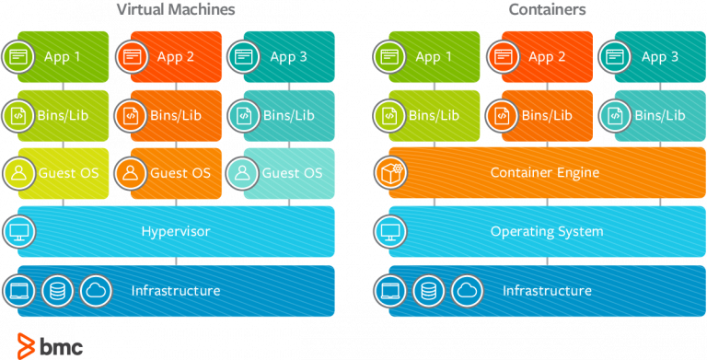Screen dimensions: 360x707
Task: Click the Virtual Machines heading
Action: pos(176,10)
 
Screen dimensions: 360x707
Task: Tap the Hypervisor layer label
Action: pos(175,231)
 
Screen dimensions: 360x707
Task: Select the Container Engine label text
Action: pos(545,172)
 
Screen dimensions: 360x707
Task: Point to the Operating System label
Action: pos(546,231)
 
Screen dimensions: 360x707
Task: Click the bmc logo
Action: pos(51,345)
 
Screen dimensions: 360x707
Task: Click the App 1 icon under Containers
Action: pos(389,57)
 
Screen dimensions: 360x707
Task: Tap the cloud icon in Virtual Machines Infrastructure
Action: pos(95,291)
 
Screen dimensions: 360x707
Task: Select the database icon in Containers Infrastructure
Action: pos(429,291)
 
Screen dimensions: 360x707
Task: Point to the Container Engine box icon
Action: pos(389,172)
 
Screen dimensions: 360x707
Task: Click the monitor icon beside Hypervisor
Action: pos(18,231)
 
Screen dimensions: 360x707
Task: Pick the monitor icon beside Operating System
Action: pos(389,231)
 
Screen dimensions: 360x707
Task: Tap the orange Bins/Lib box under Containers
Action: pos(546,115)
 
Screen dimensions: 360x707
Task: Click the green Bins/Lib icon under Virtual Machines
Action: pos(18,115)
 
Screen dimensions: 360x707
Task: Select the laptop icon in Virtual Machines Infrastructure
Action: pos(18,291)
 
